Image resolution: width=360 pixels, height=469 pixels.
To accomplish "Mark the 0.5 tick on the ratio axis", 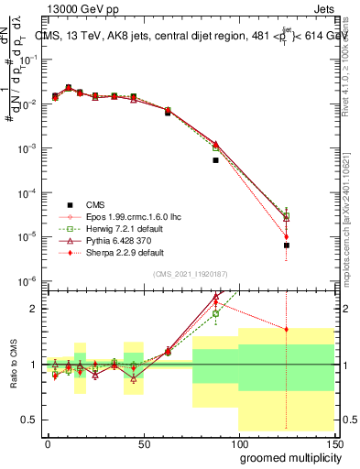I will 32,420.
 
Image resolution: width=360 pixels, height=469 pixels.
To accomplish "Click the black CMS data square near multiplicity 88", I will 215,159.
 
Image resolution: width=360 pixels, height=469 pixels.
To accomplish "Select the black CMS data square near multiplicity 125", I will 287,245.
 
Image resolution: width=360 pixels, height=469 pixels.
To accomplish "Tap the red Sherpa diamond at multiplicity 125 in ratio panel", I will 287,329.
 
